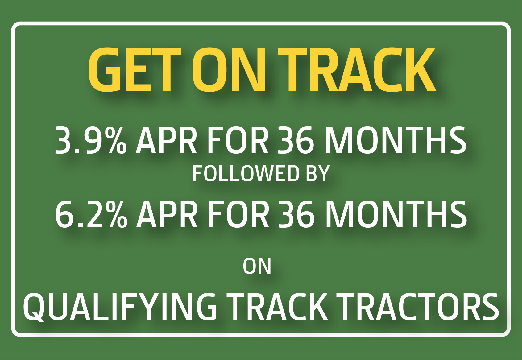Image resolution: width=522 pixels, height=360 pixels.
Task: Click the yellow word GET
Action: point(135,70)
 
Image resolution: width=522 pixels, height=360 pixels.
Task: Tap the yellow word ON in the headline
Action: point(229,70)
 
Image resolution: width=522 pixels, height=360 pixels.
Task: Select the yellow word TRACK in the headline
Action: point(357,70)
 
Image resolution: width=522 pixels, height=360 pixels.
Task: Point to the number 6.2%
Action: point(91,215)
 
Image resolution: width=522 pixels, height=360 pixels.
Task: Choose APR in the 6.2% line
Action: point(167,215)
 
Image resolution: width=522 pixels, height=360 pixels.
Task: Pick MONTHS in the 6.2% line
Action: point(396,215)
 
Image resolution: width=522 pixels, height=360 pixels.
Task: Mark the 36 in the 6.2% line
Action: point(295,215)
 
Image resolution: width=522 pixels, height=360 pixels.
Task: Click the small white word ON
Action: point(257,266)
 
